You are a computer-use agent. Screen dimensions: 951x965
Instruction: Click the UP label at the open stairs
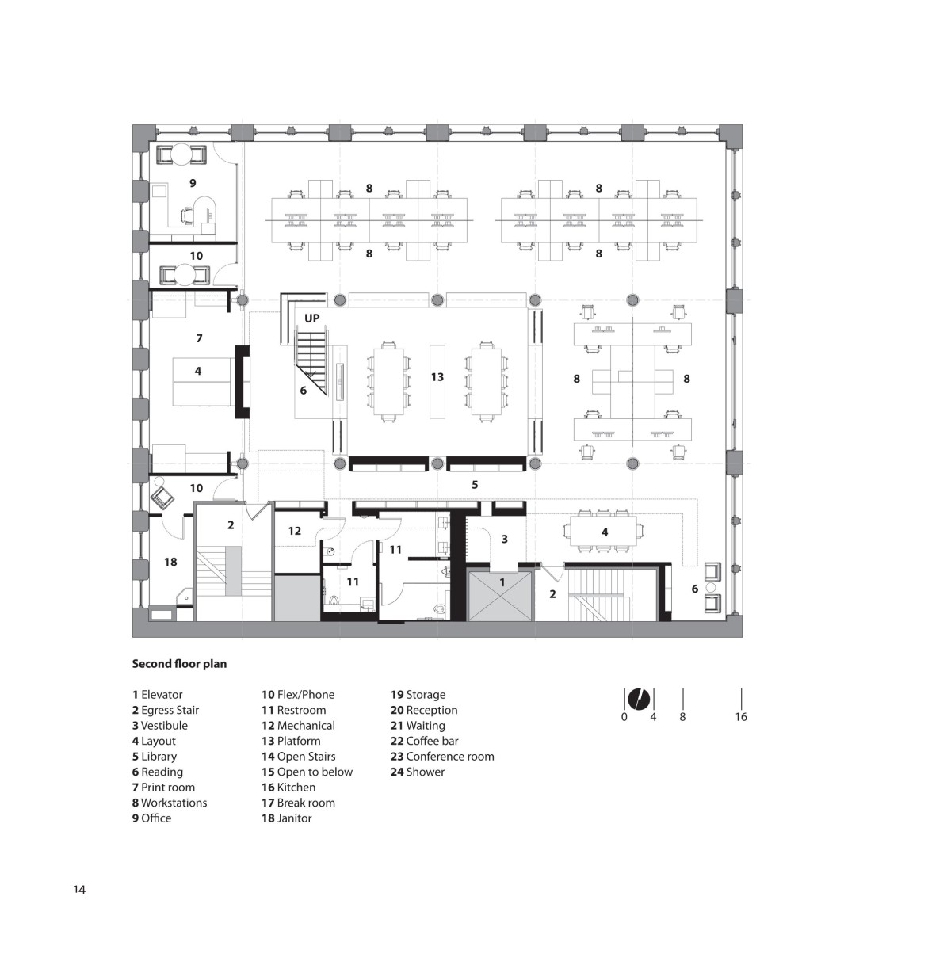click(x=311, y=318)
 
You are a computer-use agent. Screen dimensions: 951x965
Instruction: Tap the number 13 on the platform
click(x=437, y=376)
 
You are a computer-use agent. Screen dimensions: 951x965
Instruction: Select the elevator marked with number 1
click(x=499, y=594)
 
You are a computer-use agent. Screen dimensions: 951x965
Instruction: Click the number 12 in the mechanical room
click(x=294, y=530)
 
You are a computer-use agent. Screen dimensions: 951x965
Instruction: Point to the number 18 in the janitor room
click(x=170, y=562)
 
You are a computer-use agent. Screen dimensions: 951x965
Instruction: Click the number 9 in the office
click(x=193, y=183)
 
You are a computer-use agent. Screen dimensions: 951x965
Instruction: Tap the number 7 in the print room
click(x=199, y=338)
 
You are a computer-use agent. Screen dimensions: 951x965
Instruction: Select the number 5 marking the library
click(x=475, y=485)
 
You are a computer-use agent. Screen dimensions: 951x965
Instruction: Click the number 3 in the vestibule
click(x=505, y=539)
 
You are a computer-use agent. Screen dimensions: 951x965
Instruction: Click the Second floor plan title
click(x=179, y=663)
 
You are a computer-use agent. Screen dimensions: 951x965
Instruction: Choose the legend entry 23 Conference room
click(x=442, y=756)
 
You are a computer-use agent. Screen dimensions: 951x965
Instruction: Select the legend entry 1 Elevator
click(x=158, y=695)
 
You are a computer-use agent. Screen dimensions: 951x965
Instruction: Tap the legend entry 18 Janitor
click(x=287, y=818)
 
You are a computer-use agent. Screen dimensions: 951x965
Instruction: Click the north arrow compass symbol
click(x=640, y=698)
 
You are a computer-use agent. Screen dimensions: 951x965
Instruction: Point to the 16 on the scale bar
click(x=740, y=716)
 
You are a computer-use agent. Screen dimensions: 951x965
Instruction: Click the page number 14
click(x=79, y=890)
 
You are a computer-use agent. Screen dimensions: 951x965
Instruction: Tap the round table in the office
click(x=181, y=154)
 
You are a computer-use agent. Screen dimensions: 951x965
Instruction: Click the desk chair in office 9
click(x=187, y=216)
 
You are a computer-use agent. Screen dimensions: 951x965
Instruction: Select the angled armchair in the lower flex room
click(x=162, y=497)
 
